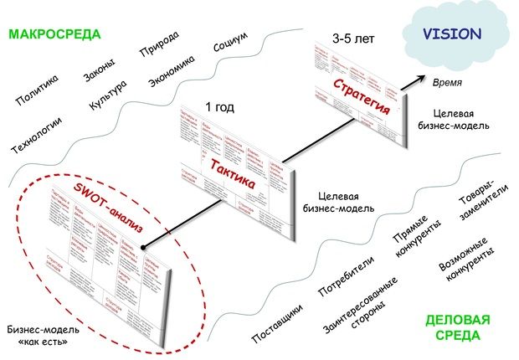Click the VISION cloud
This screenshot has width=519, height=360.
(451, 35)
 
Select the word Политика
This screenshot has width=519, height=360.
(38, 91)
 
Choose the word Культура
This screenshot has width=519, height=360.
(108, 99)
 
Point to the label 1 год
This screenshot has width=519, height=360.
(220, 106)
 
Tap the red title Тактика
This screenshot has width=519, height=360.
(232, 164)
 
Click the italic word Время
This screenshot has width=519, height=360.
(448, 84)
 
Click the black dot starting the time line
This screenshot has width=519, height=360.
(143, 248)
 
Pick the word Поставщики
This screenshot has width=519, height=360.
(277, 319)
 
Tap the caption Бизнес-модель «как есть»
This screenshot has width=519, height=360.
(43, 335)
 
